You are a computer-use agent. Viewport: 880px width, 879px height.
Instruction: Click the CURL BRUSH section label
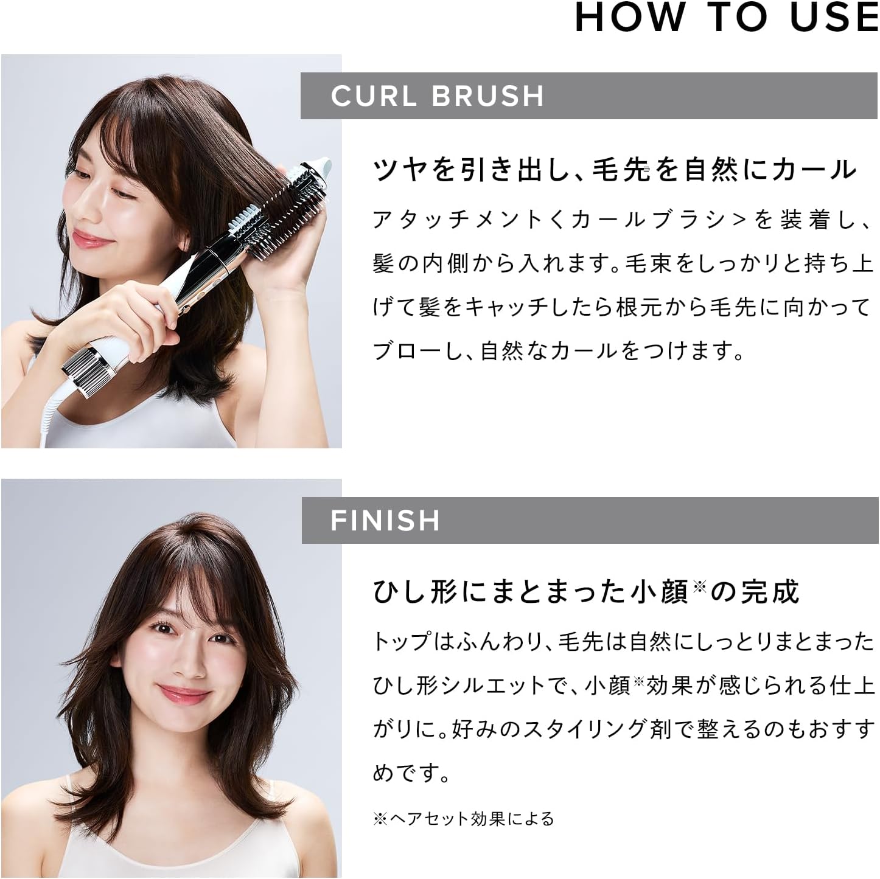pos(437,96)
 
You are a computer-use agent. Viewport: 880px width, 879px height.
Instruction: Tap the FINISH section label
pos(385,521)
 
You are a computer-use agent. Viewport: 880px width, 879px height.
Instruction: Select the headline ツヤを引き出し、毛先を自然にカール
pos(615,169)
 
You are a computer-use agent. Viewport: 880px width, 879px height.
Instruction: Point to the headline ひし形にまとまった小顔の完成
pos(586,591)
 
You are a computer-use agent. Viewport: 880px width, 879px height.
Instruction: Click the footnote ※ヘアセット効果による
pos(463,819)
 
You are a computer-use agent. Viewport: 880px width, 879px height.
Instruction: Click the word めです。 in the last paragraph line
pos(410,774)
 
